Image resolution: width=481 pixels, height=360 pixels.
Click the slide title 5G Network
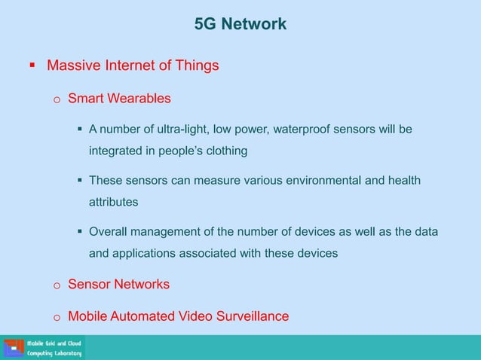(240, 25)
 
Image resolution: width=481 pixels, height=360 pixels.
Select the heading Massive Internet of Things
(133, 66)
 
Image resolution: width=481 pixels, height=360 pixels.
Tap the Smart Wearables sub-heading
(119, 98)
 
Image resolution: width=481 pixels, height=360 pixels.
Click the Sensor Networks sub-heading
(118, 284)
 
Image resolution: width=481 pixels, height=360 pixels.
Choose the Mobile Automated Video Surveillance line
(178, 316)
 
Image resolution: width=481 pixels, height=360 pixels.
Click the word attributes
(114, 202)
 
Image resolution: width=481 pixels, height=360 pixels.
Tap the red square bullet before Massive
(32, 66)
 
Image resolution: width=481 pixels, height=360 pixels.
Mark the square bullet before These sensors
(78, 181)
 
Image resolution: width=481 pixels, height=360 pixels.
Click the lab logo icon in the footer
(13, 348)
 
